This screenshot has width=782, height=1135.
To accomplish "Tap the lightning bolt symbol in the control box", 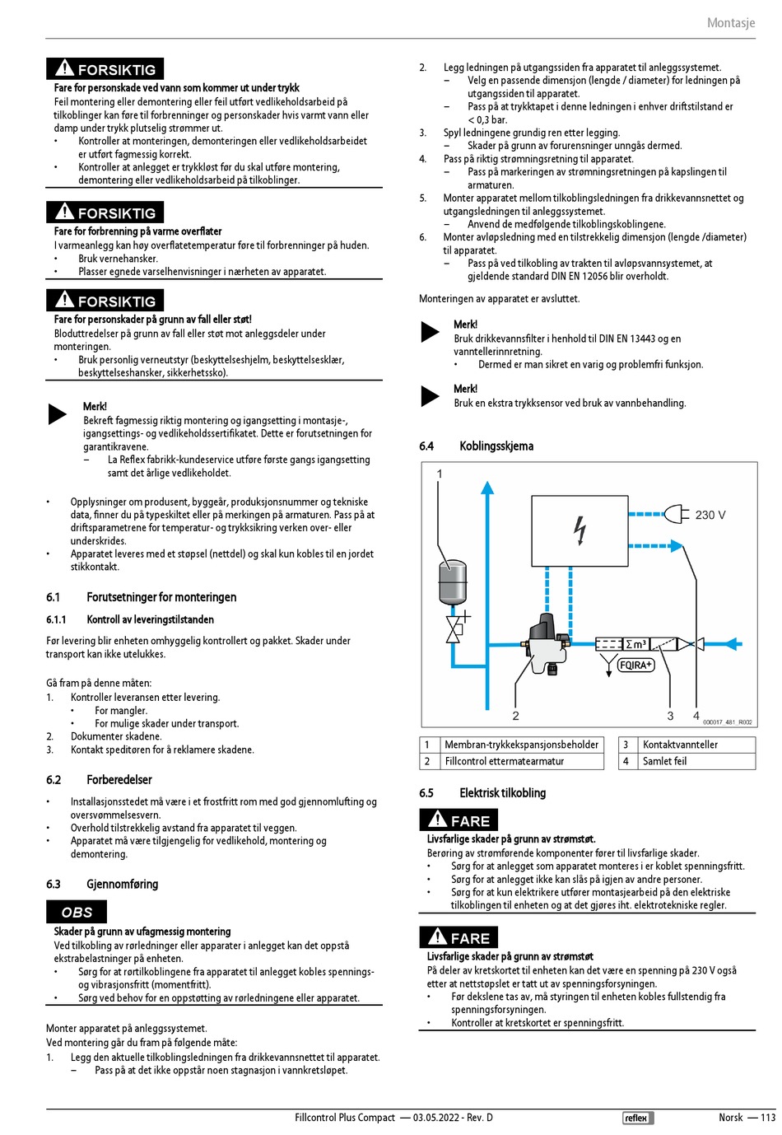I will click(580, 530).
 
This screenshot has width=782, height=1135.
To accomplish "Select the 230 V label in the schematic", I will click(710, 515).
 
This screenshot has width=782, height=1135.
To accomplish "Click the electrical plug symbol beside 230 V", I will click(676, 515).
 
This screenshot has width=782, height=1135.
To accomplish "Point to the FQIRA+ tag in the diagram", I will click(635, 665).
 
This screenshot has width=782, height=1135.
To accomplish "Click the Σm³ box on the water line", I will click(635, 643).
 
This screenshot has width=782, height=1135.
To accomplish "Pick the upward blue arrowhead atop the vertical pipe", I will click(487, 488).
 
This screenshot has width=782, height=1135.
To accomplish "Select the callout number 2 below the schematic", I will click(515, 716).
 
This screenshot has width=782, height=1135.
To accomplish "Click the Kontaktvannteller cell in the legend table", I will click(680, 745).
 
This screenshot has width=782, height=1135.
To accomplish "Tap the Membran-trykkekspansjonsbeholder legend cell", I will click(521, 745).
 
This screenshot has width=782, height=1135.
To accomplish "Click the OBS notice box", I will click(77, 912).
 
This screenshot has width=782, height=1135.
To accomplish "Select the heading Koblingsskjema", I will click(496, 446).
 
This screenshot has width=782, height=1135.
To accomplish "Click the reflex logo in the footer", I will click(637, 1118).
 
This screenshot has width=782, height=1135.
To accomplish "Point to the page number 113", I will click(767, 1118).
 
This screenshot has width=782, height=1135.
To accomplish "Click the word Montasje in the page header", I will click(730, 23).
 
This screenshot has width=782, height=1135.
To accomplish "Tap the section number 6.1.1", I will click(56, 619).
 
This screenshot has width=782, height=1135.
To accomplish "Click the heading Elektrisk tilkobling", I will click(502, 792).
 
